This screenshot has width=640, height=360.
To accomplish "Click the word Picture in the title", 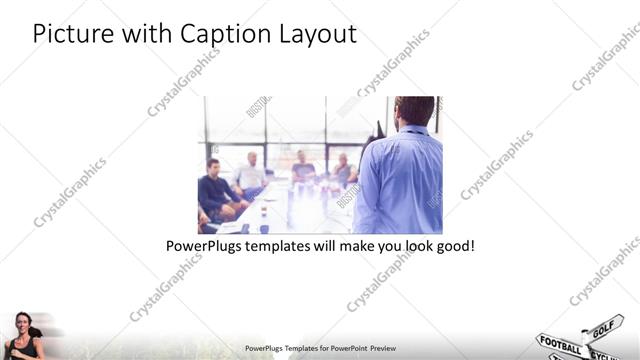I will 66,33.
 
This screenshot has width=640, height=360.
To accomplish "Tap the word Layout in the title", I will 317,33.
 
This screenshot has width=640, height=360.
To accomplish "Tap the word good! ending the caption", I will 454,245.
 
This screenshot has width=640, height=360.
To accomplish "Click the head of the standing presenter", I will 413,110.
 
